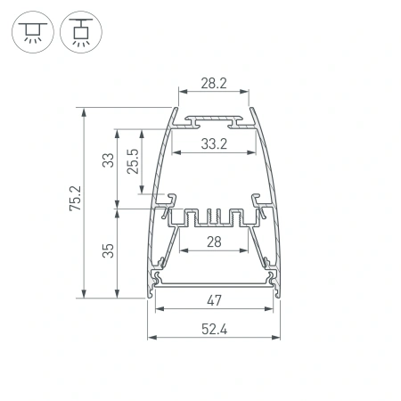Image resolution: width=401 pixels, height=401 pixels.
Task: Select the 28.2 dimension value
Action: tap(212, 83)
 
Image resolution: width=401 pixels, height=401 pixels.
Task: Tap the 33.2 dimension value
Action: tap(212, 143)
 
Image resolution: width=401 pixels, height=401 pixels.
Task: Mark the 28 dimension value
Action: tap(212, 242)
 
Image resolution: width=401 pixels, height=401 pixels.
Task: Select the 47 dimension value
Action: tap(214, 299)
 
